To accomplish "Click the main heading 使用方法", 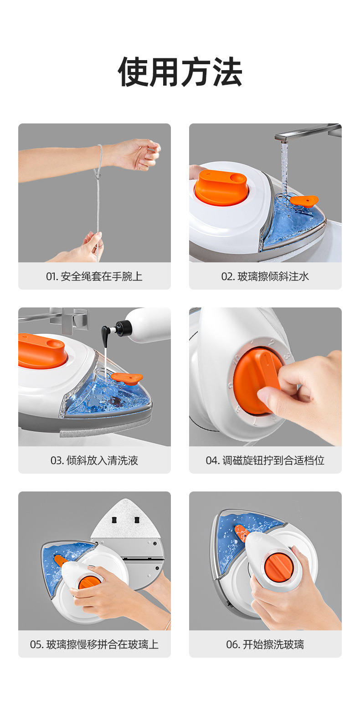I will (x=180, y=72).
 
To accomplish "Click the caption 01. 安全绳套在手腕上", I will (x=94, y=276).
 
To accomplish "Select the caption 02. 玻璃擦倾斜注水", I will (x=265, y=276).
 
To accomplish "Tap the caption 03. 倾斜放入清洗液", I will (x=94, y=460).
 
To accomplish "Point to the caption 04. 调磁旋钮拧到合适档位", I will (x=265, y=460).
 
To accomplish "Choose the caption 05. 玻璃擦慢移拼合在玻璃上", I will (x=94, y=645).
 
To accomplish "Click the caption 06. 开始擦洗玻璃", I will (x=265, y=645).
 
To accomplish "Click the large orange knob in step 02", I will (x=222, y=187).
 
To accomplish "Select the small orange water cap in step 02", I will (x=304, y=200).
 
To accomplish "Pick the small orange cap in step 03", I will (x=127, y=378).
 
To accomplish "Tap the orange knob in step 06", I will (x=277, y=567).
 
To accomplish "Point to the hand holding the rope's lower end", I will (x=89, y=248).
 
